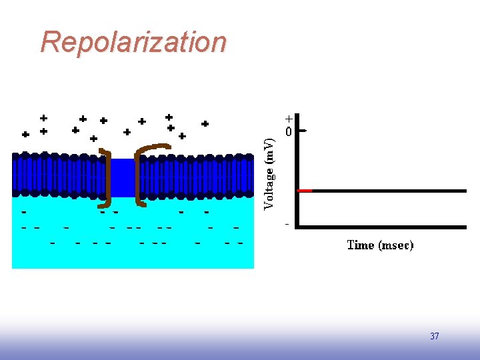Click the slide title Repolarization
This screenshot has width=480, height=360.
pos(133,42)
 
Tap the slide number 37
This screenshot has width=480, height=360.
pos(435,336)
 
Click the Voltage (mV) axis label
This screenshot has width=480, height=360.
pos(269,174)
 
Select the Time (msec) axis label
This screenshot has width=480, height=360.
pos(380,245)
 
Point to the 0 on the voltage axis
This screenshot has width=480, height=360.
pos(289,132)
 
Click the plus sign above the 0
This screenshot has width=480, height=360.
pos(289,119)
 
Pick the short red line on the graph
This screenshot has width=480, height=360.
pos(305,191)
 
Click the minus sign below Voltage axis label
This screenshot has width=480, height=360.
pos(287,224)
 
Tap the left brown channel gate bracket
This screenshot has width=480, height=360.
pos(107,177)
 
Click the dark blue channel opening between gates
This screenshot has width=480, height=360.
pos(123,177)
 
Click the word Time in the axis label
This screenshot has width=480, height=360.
pos(361,245)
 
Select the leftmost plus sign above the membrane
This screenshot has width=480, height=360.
pos(25,134)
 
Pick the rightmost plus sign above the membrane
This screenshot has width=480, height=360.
pos(205,124)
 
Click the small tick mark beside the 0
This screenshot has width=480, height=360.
pos(303,131)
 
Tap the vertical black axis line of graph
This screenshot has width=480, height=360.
pos(297,177)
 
